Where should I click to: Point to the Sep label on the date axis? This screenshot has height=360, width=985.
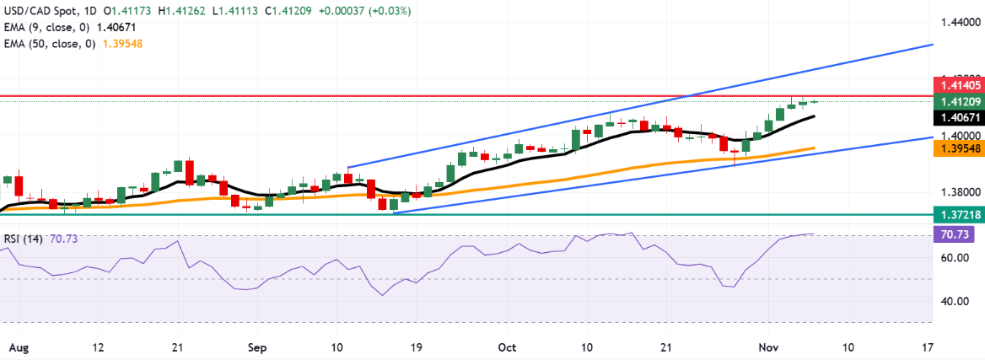pyautogui.click(x=257, y=347)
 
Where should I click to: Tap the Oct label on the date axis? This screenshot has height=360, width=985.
pyautogui.click(x=506, y=347)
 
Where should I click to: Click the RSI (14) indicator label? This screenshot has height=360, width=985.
pyautogui.click(x=24, y=239)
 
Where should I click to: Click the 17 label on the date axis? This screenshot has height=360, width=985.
pyautogui.click(x=928, y=347)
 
